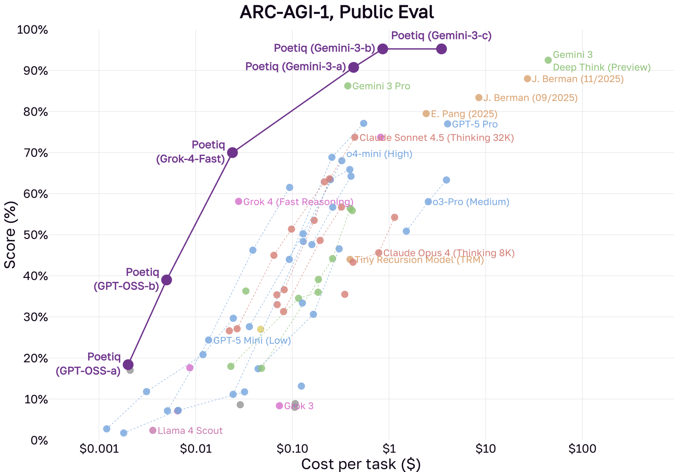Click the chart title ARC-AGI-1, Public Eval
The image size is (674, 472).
[337, 12]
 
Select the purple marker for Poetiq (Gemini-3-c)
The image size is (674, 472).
[442, 49]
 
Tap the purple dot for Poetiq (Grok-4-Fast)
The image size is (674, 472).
[232, 153]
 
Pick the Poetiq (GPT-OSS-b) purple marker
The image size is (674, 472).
[166, 280]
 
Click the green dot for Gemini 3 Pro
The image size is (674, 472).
[348, 86]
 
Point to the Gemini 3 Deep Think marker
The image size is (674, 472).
[548, 60]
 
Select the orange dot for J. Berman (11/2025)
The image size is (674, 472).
[527, 79]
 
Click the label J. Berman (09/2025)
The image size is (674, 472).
[530, 98]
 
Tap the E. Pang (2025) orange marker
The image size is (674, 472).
[426, 114]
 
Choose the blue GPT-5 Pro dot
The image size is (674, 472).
[447, 124]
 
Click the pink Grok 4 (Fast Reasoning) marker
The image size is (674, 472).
[239, 201]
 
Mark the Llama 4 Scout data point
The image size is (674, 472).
[153, 430]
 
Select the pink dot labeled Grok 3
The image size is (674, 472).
[279, 406]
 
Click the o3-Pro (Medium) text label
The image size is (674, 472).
[471, 202]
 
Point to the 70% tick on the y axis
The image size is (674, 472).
[36, 153]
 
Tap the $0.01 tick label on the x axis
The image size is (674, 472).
[196, 449]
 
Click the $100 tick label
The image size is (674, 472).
[582, 449]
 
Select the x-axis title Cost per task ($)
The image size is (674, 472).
[361, 464]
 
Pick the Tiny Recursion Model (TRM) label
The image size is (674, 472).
[419, 260]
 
